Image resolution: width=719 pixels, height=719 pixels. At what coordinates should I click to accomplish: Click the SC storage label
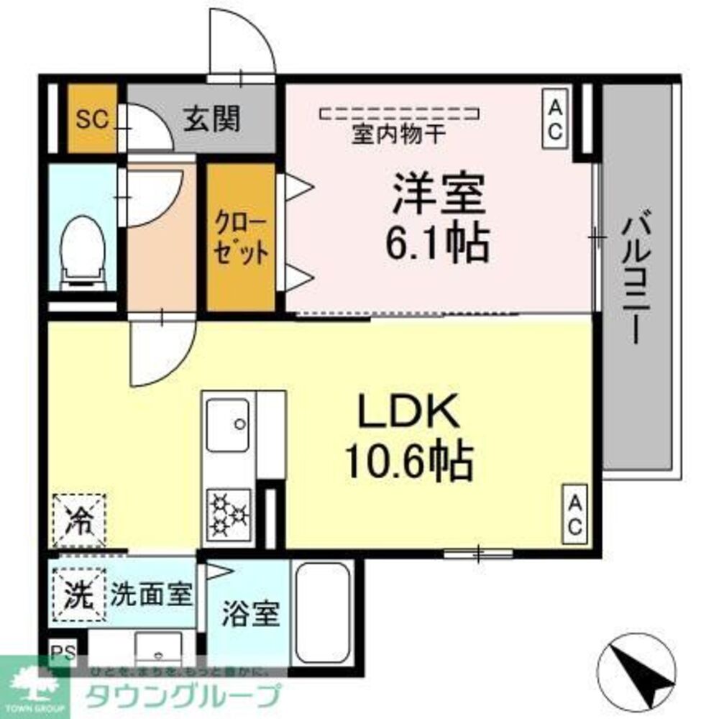[92, 119]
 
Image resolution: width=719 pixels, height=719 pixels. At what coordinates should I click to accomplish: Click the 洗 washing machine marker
[78, 594]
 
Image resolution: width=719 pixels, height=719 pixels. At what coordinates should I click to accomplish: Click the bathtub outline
[323, 611]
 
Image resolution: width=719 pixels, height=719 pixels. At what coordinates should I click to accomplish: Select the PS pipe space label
[63, 654]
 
